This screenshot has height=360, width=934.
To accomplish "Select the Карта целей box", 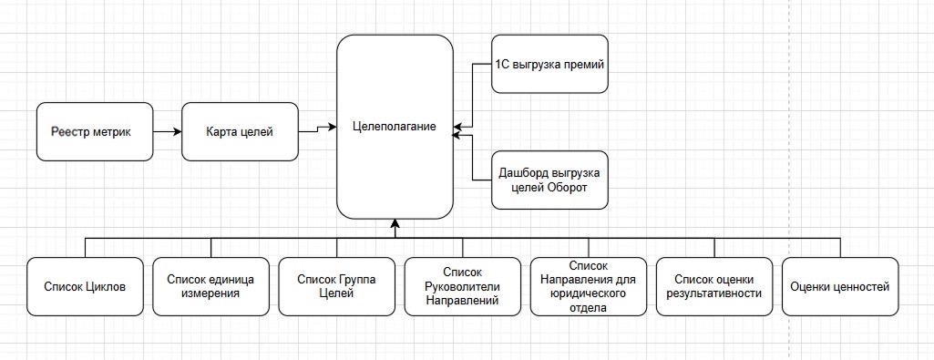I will click(241, 133).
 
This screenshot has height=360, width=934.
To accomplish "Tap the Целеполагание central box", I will click(395, 127).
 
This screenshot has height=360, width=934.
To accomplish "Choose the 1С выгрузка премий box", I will click(549, 65).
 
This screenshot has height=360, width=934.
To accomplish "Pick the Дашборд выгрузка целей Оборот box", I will click(549, 179).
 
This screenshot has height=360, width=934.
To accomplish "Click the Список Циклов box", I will click(85, 287).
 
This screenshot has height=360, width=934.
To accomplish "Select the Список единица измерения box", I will click(210, 287).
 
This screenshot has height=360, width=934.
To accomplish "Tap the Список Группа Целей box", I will click(336, 287).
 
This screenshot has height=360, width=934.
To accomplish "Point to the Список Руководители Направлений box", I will click(462, 287).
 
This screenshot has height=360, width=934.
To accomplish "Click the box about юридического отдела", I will click(588, 287).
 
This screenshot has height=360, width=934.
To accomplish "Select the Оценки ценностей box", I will click(840, 287).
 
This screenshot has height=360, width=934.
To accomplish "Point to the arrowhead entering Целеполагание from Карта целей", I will click(333, 128).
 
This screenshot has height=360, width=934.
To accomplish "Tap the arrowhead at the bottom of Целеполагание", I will click(395, 223).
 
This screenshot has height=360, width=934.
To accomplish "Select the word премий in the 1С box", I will click(585, 65).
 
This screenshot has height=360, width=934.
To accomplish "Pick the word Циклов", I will click(105, 287).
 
